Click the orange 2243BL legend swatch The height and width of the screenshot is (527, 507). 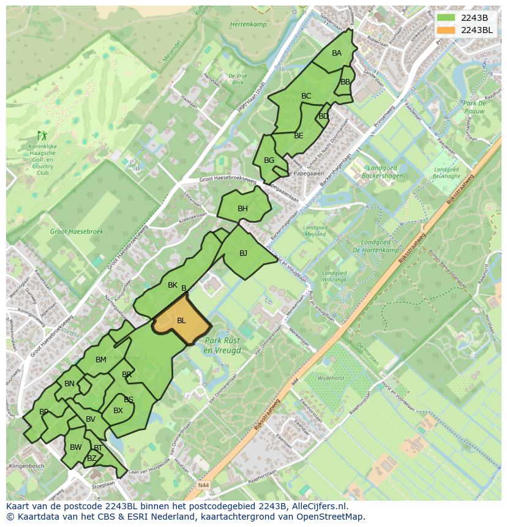pyautogui.click(x=446, y=30)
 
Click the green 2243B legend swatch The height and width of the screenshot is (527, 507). pyautogui.click(x=446, y=17)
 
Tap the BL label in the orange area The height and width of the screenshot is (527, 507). pyautogui.click(x=181, y=321)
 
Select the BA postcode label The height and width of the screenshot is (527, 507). pyautogui.click(x=337, y=53)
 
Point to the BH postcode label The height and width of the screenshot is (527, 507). pyautogui.click(x=242, y=209)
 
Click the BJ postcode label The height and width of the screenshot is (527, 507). pyautogui.click(x=243, y=253)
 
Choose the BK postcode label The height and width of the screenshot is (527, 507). pyautogui.click(x=173, y=285)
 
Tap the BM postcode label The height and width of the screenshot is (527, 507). pyautogui.click(x=101, y=360)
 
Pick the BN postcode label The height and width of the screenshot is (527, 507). pyautogui.click(x=69, y=384)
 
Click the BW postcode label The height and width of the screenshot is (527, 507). pyautogui.click(x=75, y=447)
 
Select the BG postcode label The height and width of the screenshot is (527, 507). pyautogui.click(x=269, y=160)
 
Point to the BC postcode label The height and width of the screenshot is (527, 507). pyautogui.click(x=306, y=96)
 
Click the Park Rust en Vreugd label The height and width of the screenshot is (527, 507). pyautogui.click(x=223, y=345)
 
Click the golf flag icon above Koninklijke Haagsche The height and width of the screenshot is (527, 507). pyautogui.click(x=42, y=135)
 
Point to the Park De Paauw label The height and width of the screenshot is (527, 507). pyautogui.click(x=474, y=108)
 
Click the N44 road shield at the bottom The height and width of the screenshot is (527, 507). pyautogui.click(x=203, y=485)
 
